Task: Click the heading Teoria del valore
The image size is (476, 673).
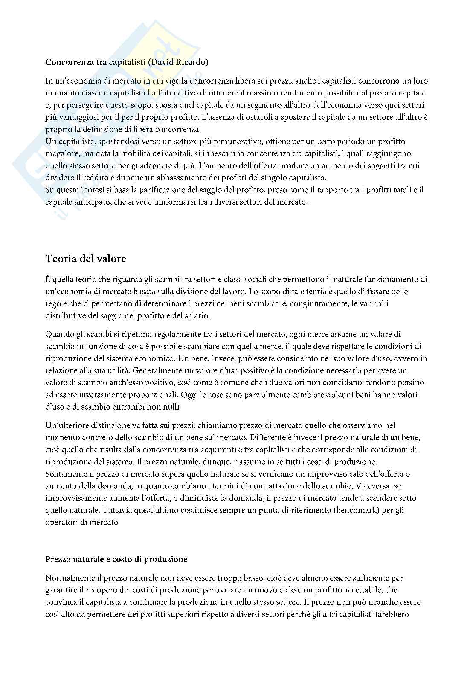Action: click(86, 259)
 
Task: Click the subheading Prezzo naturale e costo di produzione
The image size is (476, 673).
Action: click(116, 559)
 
